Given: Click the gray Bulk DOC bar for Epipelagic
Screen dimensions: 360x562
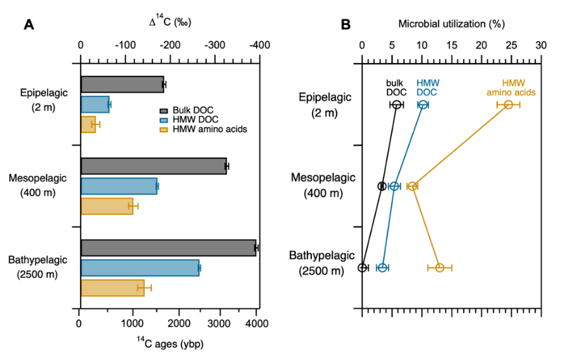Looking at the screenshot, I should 122,84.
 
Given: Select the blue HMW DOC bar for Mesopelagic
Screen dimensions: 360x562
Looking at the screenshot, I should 118,186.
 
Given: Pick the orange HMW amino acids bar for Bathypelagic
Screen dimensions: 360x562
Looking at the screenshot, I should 112,288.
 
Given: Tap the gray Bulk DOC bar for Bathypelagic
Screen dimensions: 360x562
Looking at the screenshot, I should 168,248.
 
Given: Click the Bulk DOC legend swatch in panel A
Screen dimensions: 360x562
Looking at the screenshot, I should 165,111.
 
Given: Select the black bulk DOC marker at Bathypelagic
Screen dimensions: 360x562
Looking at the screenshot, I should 362,268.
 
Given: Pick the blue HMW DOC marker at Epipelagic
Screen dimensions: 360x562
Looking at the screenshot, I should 423,105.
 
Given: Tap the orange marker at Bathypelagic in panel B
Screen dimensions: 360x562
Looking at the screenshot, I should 440,268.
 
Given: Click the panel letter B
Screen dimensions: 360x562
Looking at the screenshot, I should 345,25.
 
